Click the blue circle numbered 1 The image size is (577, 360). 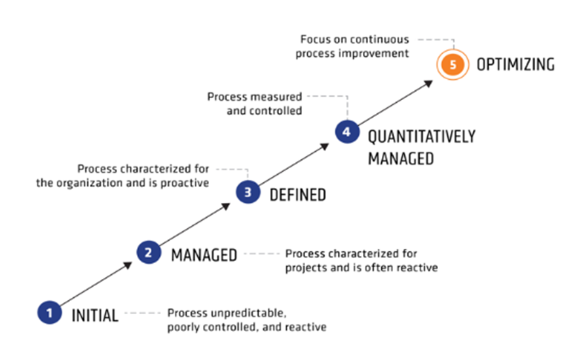click(x=49, y=313)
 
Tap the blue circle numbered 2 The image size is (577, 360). click(x=149, y=252)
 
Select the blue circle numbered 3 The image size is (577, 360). click(x=248, y=192)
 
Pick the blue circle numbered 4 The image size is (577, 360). click(x=347, y=132)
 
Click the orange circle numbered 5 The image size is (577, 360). click(x=453, y=64)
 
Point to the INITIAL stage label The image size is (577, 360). click(x=95, y=315)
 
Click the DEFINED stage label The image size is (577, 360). click(x=298, y=195)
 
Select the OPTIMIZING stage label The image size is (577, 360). click(x=515, y=65)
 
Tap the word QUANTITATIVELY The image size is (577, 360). click(x=422, y=137)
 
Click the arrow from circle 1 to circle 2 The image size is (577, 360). click(x=96, y=283)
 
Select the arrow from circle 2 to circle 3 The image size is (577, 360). click(x=195, y=224)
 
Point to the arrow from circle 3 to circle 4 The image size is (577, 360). click(x=294, y=164)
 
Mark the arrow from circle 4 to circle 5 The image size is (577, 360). click(x=395, y=103)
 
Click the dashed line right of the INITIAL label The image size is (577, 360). click(x=143, y=313)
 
